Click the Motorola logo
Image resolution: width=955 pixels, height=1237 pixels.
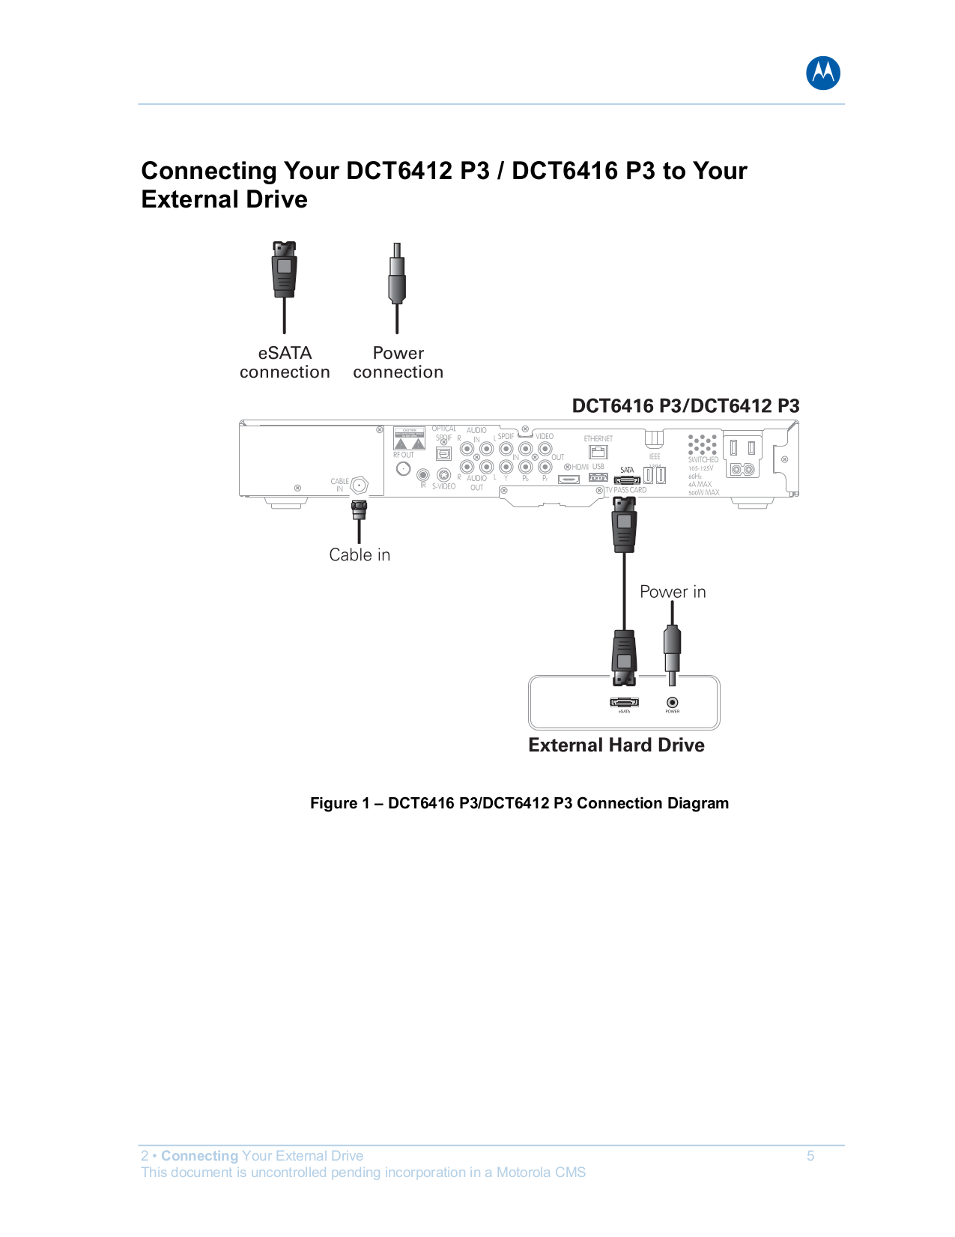click(822, 73)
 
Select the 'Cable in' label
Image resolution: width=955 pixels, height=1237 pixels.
click(360, 555)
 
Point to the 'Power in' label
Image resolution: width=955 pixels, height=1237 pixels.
click(673, 592)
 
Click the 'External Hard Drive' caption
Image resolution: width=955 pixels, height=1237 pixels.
click(616, 745)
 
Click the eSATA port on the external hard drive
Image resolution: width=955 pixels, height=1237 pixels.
click(624, 702)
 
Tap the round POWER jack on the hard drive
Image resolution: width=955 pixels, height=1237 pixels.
click(673, 702)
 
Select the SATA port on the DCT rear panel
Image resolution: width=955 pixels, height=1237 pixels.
click(627, 480)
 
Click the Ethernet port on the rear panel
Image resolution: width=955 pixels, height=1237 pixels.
click(598, 452)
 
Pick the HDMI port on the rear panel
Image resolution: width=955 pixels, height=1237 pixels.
click(569, 479)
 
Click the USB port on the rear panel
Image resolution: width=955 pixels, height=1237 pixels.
click(598, 477)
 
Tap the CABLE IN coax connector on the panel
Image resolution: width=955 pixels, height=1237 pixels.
click(359, 485)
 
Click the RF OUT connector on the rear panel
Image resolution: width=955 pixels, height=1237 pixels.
click(404, 469)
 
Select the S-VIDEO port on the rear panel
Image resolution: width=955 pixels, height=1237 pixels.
click(443, 475)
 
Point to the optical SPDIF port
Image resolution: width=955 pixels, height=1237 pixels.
click(443, 453)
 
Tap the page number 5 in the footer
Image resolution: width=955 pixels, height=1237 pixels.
click(810, 1156)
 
